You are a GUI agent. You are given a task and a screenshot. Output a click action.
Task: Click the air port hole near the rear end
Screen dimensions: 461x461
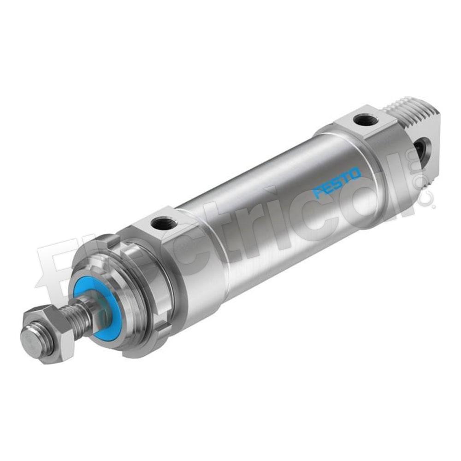363,119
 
